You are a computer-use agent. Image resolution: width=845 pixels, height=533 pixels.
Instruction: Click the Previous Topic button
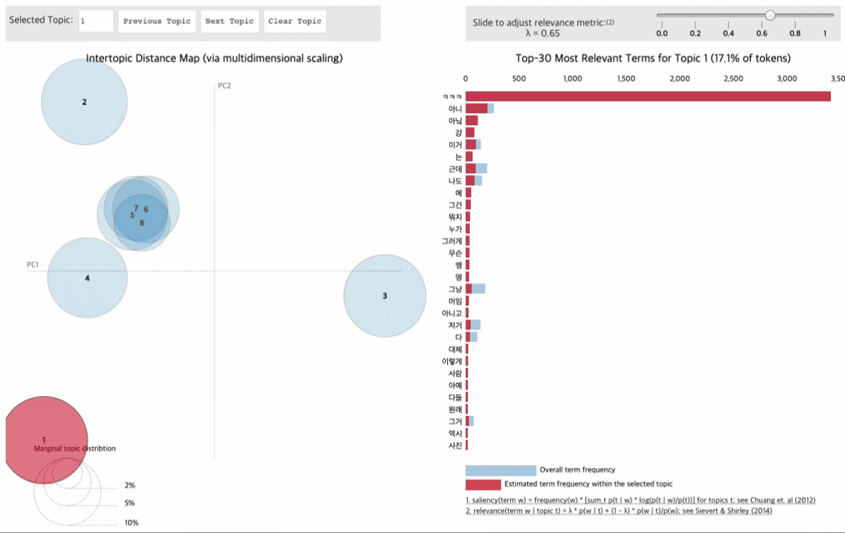tap(157, 21)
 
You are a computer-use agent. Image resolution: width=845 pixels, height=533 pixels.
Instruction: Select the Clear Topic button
tap(295, 21)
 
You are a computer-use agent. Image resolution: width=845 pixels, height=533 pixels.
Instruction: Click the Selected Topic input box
tap(95, 21)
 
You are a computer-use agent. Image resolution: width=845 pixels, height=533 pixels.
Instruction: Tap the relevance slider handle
tap(770, 15)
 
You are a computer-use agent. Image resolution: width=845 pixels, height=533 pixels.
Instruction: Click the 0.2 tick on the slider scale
tap(695, 33)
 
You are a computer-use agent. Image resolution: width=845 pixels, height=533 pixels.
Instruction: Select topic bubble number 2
tap(84, 102)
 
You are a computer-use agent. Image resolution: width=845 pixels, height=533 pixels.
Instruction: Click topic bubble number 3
tap(384, 296)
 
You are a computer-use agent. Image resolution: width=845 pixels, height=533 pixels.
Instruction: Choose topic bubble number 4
tap(87, 278)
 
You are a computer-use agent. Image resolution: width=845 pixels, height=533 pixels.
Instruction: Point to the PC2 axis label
tap(225, 86)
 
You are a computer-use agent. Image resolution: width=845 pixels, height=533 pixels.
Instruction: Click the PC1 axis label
tap(32, 265)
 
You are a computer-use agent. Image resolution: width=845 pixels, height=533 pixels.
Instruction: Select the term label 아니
tap(455, 109)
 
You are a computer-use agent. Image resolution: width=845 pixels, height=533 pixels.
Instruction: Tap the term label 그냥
tap(455, 289)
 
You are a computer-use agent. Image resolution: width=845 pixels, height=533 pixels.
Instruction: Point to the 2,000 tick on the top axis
tap(679, 78)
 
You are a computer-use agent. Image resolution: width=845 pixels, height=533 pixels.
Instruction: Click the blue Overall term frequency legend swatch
tap(500, 470)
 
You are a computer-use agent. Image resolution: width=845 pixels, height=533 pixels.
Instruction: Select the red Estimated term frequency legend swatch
tap(483, 484)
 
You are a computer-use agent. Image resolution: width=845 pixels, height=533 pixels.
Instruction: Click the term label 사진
tap(455, 445)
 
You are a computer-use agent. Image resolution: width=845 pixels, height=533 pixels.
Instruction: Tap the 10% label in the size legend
tap(131, 523)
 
